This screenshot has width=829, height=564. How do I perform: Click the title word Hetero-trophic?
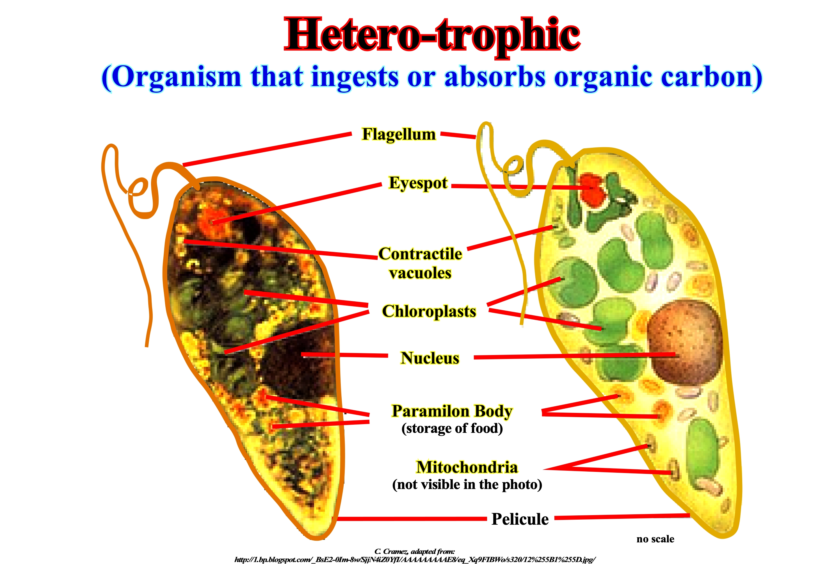(432, 36)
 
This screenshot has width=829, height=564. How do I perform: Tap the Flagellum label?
(399, 135)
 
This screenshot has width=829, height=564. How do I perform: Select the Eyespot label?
(418, 183)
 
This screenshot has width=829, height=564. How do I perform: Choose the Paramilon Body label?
(452, 411)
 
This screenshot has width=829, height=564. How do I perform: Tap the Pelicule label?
(520, 519)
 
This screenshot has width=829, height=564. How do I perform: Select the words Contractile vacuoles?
(420, 263)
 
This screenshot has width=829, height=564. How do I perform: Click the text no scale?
(655, 539)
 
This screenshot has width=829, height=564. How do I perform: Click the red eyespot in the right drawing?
(592, 189)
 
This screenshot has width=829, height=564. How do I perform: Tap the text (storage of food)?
(452, 428)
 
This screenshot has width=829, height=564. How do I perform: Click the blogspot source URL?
(414, 559)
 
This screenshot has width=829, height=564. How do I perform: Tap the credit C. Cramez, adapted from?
(414, 552)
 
